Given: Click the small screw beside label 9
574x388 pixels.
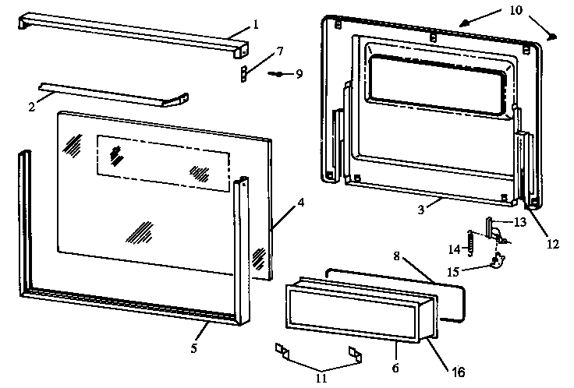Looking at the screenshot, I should [x=277, y=74].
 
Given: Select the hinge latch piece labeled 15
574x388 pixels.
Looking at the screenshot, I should [x=495, y=261].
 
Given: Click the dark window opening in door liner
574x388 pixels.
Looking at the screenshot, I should [x=437, y=85].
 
